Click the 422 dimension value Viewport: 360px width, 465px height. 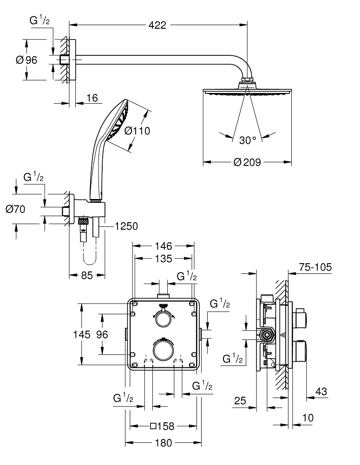(x=157, y=25)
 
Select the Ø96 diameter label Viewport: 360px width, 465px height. (x=26, y=60)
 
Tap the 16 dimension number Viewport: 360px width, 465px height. (x=92, y=98)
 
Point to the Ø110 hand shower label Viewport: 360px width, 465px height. (x=137, y=131)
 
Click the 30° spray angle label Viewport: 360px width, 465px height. (x=248, y=140)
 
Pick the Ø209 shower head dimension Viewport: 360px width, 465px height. (x=247, y=162)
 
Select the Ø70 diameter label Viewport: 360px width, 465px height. (x=15, y=209)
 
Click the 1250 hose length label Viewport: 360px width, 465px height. (x=126, y=226)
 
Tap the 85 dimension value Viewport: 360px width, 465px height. (x=87, y=275)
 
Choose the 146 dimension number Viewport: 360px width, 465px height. (x=163, y=246)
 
